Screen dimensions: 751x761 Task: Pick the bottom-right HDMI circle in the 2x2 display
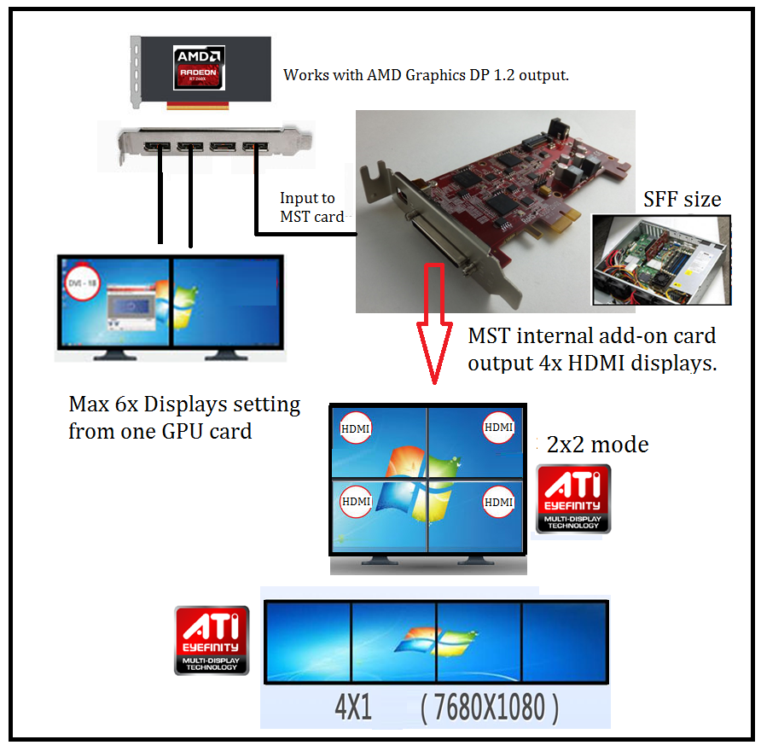click(x=498, y=502)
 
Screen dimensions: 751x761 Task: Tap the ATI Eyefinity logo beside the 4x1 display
click(x=212, y=640)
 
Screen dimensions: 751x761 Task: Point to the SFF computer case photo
click(x=661, y=260)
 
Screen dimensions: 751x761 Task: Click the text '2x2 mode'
click(x=597, y=445)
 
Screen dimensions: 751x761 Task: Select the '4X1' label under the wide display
click(x=353, y=707)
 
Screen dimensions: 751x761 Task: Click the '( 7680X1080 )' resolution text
click(x=491, y=707)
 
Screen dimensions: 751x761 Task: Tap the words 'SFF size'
click(x=682, y=200)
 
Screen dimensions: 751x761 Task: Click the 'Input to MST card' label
click(x=311, y=207)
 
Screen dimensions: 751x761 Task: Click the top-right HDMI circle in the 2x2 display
click(x=498, y=426)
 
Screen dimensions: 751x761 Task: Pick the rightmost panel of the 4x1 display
click(x=564, y=643)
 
